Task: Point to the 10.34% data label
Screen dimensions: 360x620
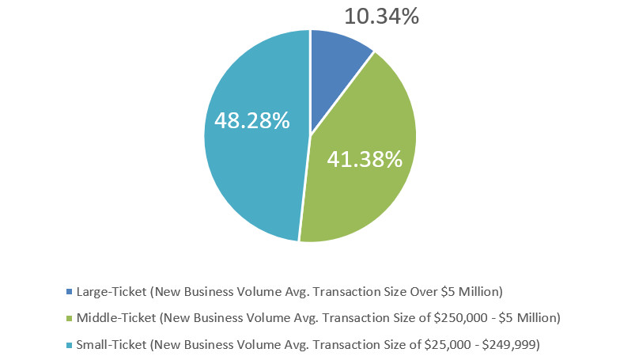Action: point(383,16)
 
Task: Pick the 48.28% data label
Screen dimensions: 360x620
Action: point(251,122)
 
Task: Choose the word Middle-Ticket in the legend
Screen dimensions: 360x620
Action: point(118,318)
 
